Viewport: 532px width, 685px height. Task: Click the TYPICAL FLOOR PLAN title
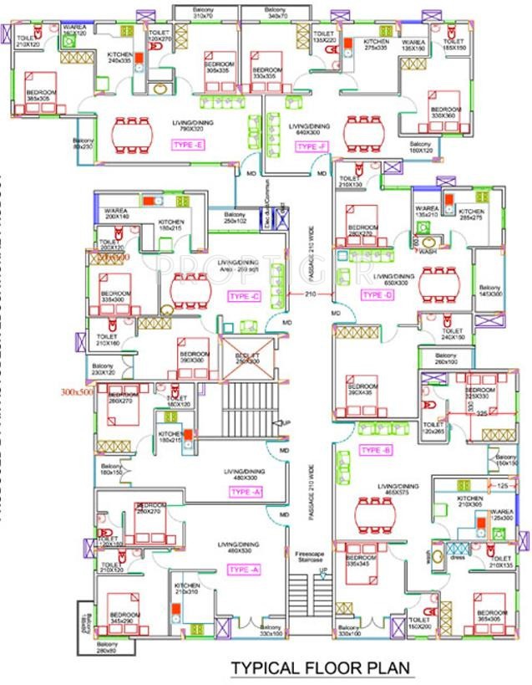click(x=321, y=667)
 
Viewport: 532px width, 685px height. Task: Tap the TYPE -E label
click(x=187, y=145)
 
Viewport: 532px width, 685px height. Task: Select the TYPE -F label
click(x=310, y=146)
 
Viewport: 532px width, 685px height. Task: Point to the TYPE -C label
click(x=245, y=296)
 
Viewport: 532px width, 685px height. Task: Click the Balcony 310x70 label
click(x=205, y=13)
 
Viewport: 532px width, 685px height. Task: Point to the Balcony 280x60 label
click(x=107, y=647)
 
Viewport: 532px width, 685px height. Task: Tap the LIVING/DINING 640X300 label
click(x=309, y=129)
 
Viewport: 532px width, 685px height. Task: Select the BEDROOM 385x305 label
click(x=41, y=95)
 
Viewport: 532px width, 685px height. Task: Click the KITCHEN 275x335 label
click(x=376, y=45)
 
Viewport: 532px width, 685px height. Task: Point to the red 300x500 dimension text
click(x=75, y=391)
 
